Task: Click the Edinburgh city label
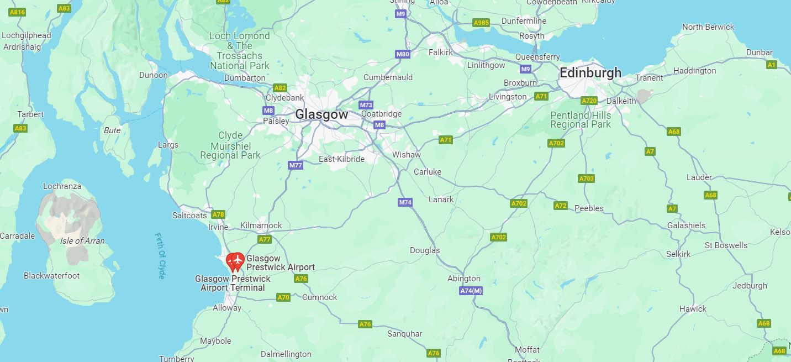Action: tap(590, 73)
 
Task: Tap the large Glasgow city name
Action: tap(321, 114)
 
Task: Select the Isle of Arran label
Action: tap(82, 241)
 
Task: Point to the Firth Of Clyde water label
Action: tap(161, 255)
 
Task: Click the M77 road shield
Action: tap(296, 165)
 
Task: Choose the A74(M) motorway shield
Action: tap(471, 291)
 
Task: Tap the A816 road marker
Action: tap(18, 12)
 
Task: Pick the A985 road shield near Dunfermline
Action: tap(481, 23)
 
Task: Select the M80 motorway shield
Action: tap(403, 54)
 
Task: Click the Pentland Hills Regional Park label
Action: tap(581, 120)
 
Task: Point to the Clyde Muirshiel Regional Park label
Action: tap(230, 145)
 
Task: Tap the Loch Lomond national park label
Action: tap(240, 51)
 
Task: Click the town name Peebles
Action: tap(589, 208)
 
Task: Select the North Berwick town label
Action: tap(708, 27)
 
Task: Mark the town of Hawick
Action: tap(693, 309)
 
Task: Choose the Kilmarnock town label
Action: tap(261, 225)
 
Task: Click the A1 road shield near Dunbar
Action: tap(772, 65)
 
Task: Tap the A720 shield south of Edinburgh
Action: tap(589, 101)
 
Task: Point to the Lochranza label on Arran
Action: tap(62, 186)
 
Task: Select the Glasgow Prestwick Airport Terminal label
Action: tap(233, 284)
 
